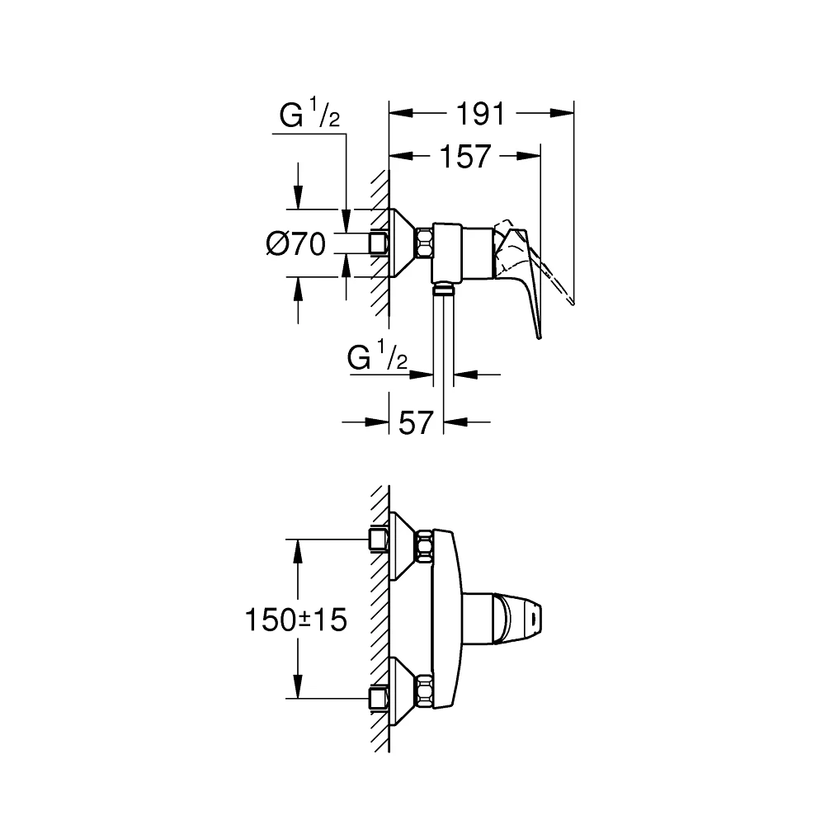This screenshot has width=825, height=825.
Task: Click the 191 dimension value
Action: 481,114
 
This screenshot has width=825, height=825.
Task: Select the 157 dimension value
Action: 464,156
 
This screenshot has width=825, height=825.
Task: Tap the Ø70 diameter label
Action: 296,244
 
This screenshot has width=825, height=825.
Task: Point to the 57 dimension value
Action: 416,422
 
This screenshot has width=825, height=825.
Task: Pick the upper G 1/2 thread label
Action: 309,117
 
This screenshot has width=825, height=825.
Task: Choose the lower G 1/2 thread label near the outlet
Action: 379,359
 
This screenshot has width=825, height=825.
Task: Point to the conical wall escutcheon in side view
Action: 403,243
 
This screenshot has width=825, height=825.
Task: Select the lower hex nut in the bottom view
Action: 425,690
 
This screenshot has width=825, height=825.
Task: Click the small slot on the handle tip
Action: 536,615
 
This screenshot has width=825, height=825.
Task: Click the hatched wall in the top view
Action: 379,243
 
